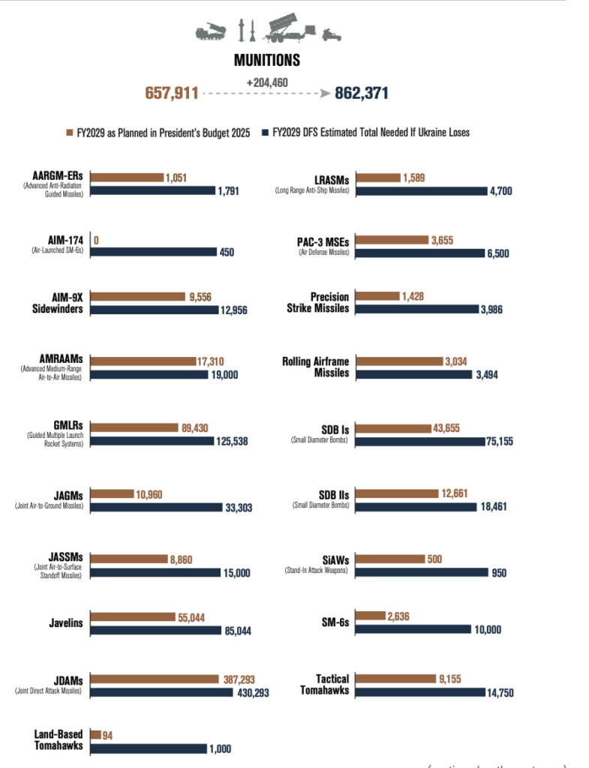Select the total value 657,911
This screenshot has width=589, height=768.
(172, 93)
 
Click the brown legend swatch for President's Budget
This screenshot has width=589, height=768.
(69, 133)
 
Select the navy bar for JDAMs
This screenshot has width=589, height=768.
(162, 691)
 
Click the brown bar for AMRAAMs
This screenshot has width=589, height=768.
(143, 361)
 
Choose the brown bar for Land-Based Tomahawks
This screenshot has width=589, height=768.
(95, 735)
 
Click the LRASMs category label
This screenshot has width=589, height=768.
(330, 178)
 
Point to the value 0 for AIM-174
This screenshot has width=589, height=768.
(98, 241)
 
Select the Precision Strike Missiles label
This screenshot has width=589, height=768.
(318, 302)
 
